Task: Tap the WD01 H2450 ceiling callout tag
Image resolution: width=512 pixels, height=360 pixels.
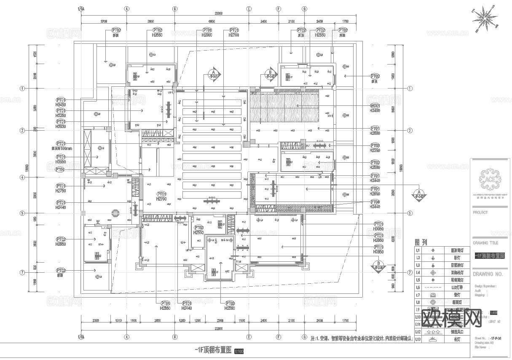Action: click(x=375, y=108)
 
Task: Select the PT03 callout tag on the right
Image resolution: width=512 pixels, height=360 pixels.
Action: click(x=375, y=148)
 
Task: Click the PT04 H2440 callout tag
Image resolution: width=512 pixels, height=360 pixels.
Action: click(x=375, y=204)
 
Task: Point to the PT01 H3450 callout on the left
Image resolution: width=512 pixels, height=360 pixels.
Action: click(x=61, y=102)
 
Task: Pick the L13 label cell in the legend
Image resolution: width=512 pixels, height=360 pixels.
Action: click(x=418, y=339)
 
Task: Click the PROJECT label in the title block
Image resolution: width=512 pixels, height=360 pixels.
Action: click(x=480, y=212)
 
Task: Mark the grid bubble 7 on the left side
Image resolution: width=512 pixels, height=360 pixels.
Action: click(x=22, y=273)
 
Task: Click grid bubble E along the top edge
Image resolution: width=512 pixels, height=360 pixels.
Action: click(x=249, y=8)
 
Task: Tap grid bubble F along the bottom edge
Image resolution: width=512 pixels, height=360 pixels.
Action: click(x=278, y=337)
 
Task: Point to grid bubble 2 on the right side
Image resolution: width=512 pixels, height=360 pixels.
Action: click(x=410, y=131)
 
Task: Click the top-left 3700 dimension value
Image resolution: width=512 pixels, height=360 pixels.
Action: click(x=104, y=21)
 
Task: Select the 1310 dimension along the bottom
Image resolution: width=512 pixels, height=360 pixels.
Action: click(x=118, y=321)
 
